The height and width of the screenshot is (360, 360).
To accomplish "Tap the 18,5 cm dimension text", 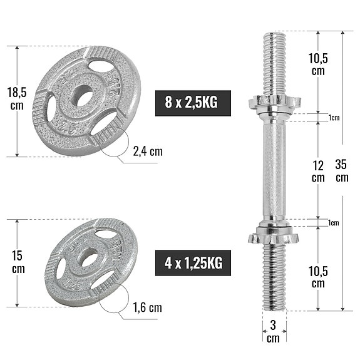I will coord(17,98).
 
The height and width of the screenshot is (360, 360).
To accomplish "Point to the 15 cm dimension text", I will coord(17,262).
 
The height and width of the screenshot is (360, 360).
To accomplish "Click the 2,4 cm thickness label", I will coord(147,152).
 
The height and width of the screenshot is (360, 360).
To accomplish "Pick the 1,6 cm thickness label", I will coord(147,307).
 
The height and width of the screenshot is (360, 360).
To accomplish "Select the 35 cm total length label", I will coord(341,171).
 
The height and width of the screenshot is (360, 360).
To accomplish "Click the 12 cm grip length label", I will coord(318,171).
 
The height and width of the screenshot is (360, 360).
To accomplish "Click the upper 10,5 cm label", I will coord(319,63).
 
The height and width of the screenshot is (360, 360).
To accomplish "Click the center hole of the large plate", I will coord(83,98).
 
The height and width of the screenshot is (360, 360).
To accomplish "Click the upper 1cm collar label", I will coord(333,118).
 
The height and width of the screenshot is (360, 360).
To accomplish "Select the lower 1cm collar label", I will coord(333,223).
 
